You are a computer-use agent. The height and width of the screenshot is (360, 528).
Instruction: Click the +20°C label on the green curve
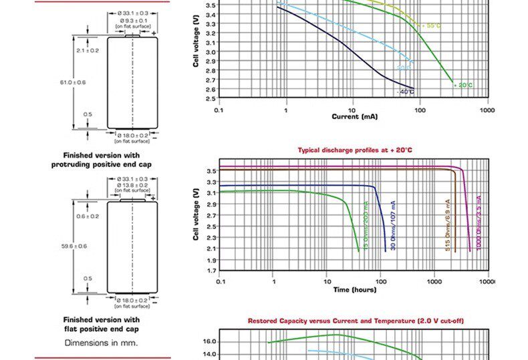point(463,85)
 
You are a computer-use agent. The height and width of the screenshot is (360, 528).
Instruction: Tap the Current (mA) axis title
point(354,116)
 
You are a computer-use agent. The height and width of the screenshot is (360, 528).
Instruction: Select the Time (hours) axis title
point(355,290)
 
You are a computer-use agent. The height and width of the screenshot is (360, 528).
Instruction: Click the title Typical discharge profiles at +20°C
point(355,150)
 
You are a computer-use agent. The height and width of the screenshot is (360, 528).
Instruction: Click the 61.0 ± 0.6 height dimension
point(73,82)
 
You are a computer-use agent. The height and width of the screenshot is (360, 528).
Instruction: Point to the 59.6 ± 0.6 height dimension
point(74,246)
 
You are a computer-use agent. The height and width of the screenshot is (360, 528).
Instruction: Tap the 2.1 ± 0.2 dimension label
point(87,51)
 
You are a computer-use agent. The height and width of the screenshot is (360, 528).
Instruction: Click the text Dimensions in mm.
point(101,343)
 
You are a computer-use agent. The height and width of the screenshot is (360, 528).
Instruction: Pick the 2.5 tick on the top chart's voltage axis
point(211,98)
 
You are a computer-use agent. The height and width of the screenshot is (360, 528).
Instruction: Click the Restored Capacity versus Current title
point(355,321)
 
